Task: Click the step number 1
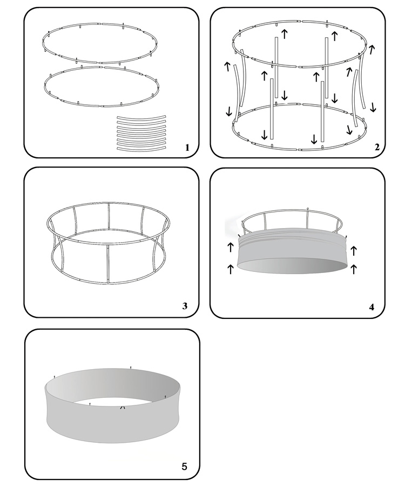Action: (186, 147)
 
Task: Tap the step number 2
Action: (377, 147)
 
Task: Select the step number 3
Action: (185, 306)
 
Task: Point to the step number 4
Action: (372, 306)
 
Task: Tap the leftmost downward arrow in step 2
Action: (230, 111)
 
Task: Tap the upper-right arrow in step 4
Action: (354, 250)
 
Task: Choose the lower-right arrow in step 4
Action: (354, 269)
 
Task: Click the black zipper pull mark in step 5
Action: (123, 406)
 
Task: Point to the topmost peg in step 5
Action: (131, 368)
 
